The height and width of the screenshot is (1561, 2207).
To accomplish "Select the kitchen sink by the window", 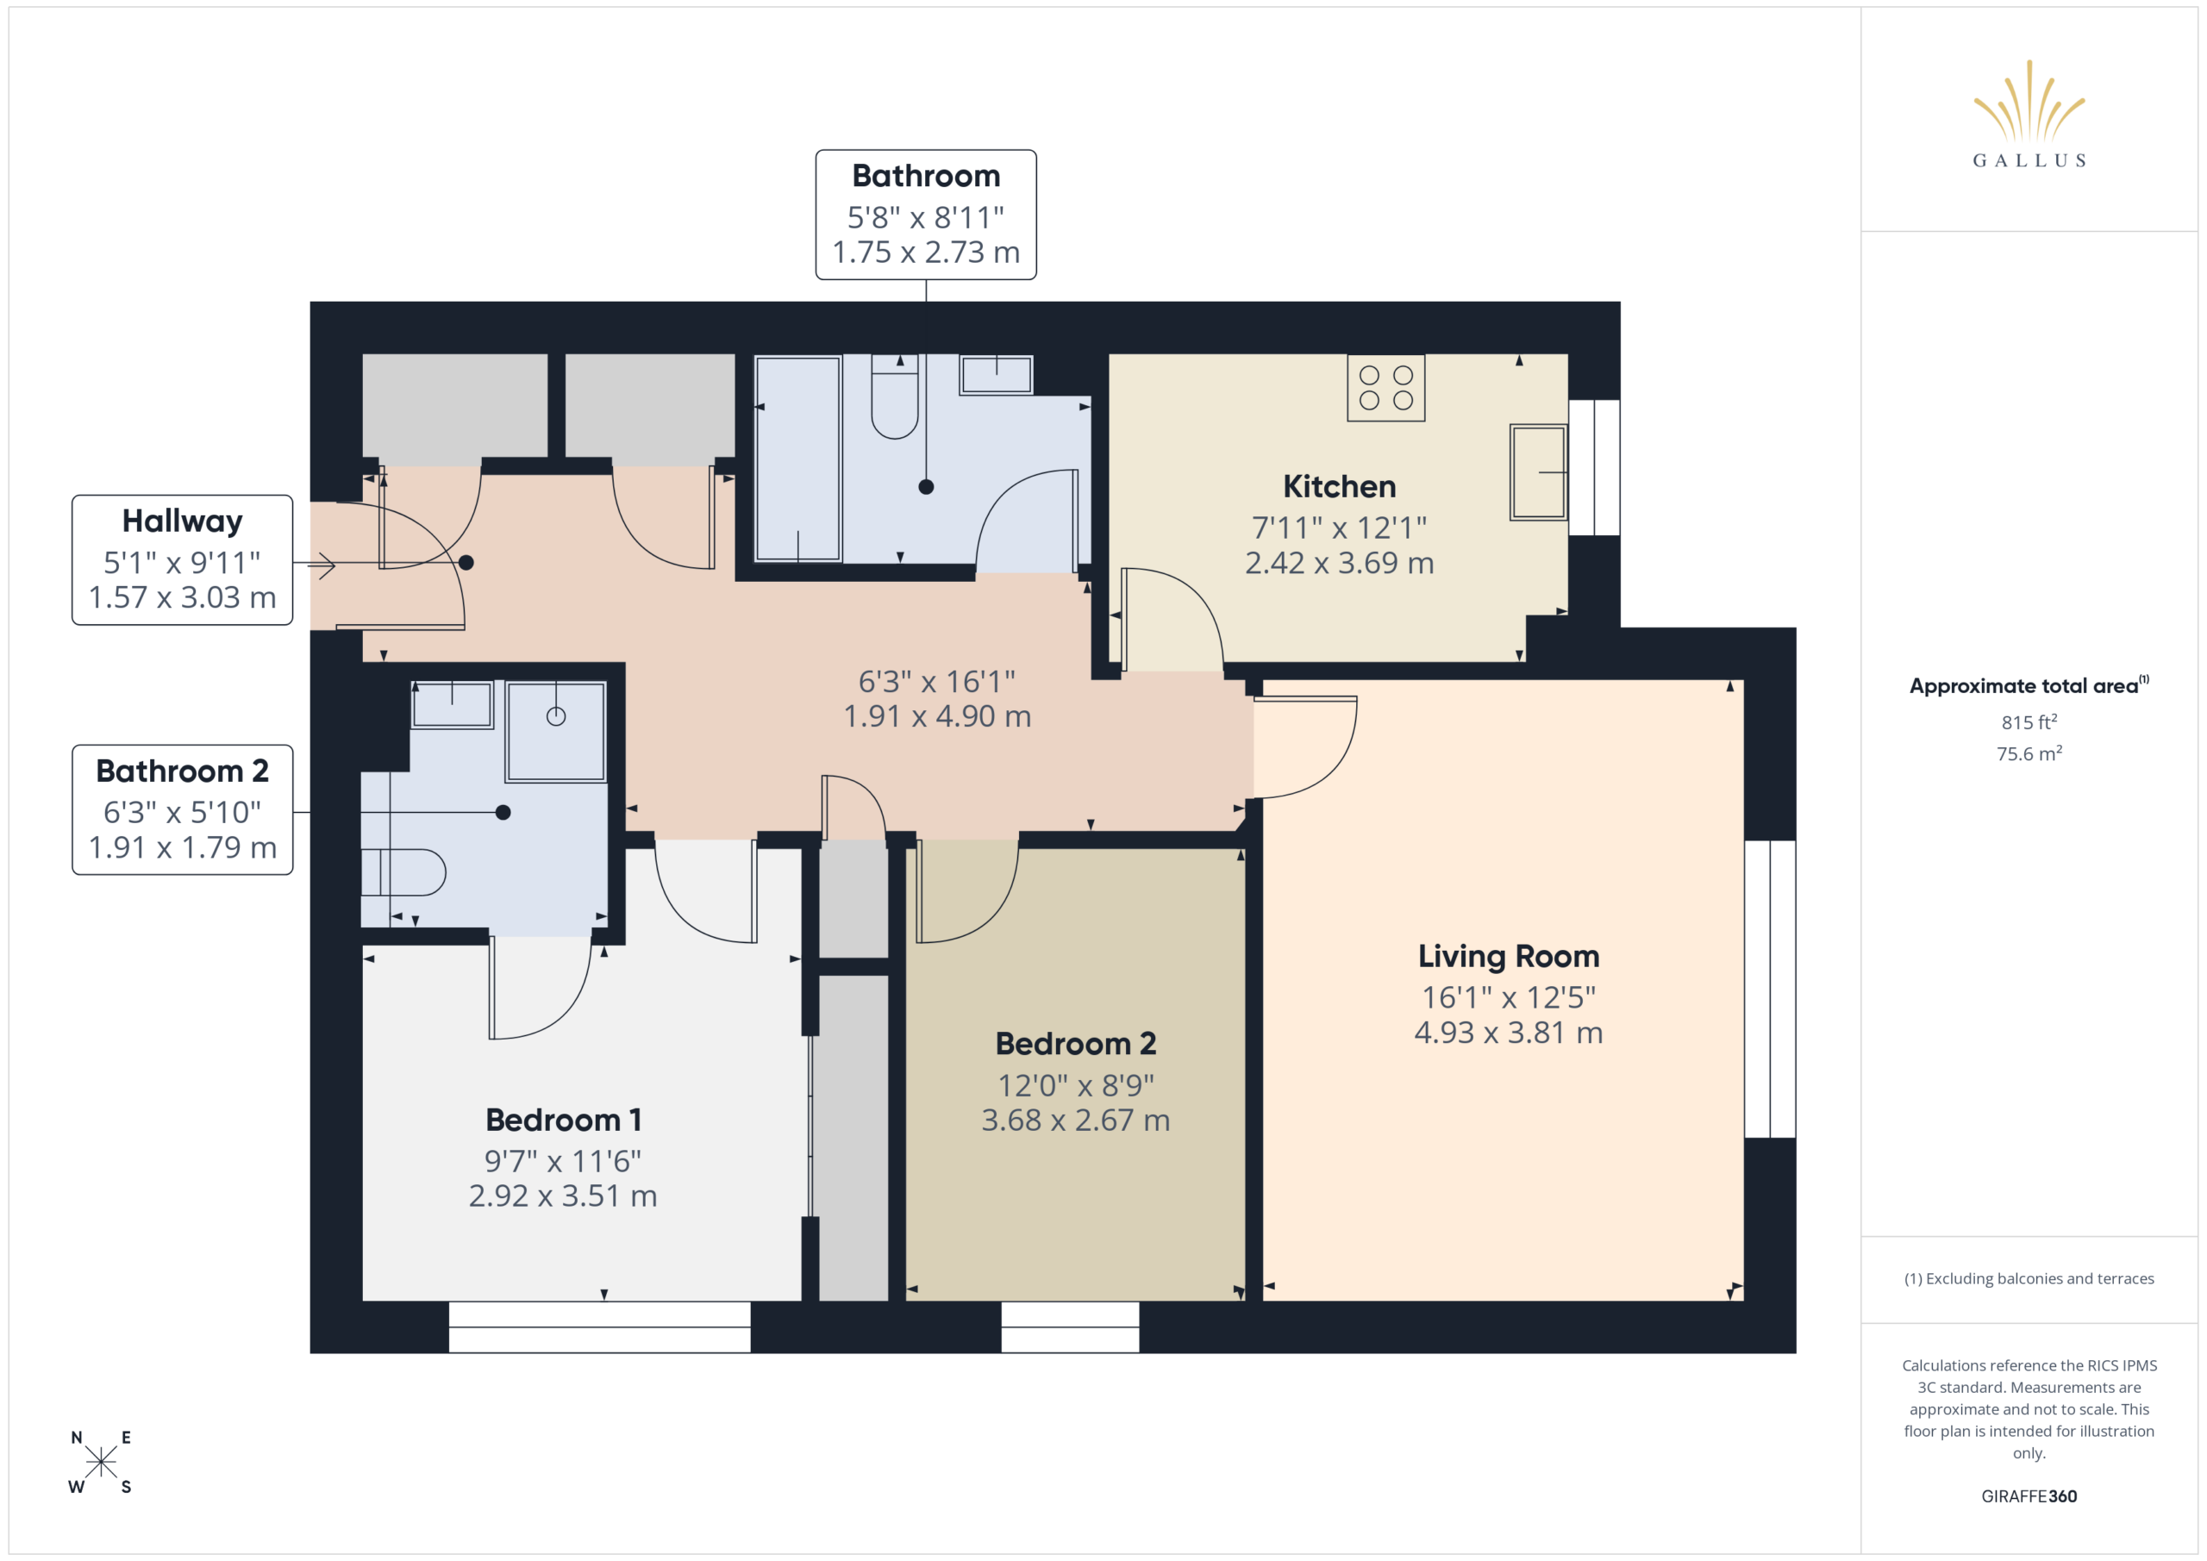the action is tap(1538, 472).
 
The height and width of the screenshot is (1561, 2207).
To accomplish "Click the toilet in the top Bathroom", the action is tap(894, 396).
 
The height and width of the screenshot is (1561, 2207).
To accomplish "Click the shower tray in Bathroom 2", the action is tap(555, 732).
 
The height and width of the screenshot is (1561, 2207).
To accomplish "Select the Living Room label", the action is tap(1508, 957).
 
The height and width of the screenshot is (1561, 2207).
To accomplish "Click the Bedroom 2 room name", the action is tap(1076, 1044).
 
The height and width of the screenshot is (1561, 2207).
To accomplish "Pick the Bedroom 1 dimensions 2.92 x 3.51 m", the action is tap(563, 1196).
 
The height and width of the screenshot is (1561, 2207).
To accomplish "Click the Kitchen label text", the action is tap(1339, 486).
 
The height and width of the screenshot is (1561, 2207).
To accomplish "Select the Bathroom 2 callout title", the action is tap(183, 771).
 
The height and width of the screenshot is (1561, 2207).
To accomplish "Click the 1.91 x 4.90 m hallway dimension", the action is tap(937, 716).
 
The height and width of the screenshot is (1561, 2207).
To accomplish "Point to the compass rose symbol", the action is tap(101, 1462).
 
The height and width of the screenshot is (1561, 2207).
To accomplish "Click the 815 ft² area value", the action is tap(2029, 721).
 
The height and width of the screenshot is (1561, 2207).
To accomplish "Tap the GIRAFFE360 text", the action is tap(2029, 1496).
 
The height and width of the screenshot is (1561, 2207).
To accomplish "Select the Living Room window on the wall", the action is tap(1770, 989).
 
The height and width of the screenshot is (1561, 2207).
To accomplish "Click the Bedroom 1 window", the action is tap(600, 1327).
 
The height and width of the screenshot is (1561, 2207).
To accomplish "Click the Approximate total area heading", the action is tap(2029, 685).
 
